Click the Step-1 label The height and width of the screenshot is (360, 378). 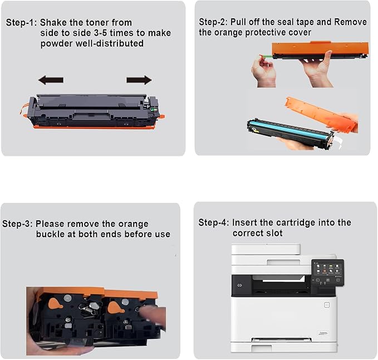click(21, 23)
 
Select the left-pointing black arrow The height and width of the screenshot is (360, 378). click(51, 80)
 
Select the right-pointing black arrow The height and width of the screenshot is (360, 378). click(139, 80)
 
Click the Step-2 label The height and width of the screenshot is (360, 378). click(214, 22)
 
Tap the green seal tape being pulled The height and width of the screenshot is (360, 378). click(266, 56)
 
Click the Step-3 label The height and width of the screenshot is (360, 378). click(17, 224)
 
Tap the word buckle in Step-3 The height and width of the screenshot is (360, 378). click(51, 234)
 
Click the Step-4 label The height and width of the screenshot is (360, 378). click(213, 223)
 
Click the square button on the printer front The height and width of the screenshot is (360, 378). click(326, 304)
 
